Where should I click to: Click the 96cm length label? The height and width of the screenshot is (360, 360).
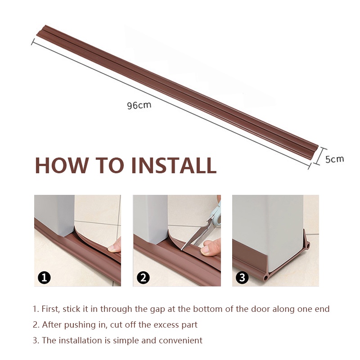(x=139, y=105)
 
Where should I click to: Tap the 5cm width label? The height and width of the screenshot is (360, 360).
(x=335, y=159)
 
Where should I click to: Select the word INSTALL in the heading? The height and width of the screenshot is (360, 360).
(x=174, y=165)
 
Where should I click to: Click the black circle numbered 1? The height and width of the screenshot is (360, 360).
(x=44, y=278)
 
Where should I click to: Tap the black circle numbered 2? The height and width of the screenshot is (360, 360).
(x=143, y=278)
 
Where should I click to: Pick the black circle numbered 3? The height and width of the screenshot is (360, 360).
(x=242, y=278)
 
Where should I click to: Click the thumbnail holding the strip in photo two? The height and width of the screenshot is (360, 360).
(x=205, y=250)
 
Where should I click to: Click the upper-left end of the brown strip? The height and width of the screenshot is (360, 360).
(x=41, y=30)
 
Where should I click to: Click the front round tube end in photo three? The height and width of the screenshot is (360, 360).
(x=266, y=278)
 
